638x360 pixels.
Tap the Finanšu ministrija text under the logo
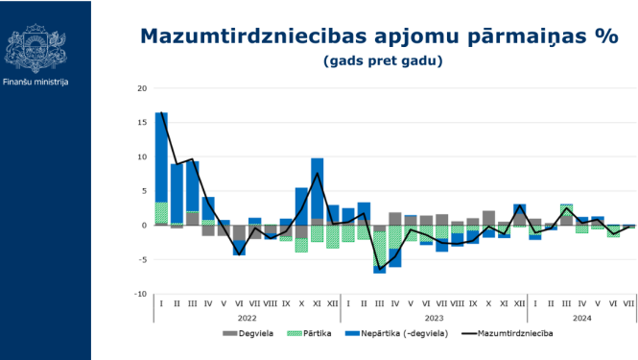pyautogui.click(x=35, y=82)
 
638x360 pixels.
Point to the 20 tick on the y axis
pyautogui.click(x=142, y=88)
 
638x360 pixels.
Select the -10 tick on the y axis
pyautogui.click(x=141, y=294)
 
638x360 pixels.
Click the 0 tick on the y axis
pyautogui.click(x=144, y=226)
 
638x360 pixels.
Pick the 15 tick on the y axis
pyautogui.click(x=142, y=123)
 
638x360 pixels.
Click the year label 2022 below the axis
pyautogui.click(x=248, y=318)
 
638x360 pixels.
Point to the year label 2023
pyautogui.click(x=434, y=318)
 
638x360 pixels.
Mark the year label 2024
pyautogui.click(x=581, y=318)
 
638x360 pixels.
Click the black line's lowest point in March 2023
pyautogui.click(x=379, y=269)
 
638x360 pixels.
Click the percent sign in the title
pyautogui.click(x=606, y=36)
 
